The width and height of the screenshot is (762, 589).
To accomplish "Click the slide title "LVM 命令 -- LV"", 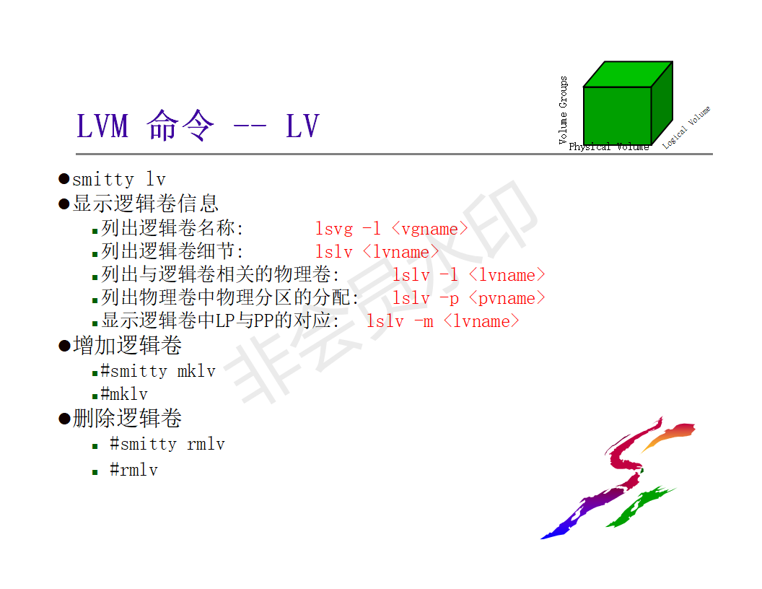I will tap(198, 126).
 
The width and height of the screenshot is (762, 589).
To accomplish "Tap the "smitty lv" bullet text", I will tap(118, 179).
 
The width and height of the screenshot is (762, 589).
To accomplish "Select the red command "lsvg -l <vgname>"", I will tap(391, 229).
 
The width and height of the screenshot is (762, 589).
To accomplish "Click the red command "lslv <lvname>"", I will tap(377, 252).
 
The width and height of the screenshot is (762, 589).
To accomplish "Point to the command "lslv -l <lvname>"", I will tap(468, 275).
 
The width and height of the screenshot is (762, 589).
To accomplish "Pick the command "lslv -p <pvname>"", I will tap(468, 298).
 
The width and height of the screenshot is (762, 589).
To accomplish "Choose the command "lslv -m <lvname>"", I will tap(442, 321).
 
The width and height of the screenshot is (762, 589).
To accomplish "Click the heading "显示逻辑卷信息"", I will tap(145, 204).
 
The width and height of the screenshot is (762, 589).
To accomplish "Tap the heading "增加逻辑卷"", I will tap(127, 346).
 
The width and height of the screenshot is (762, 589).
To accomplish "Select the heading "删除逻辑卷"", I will tap(127, 418).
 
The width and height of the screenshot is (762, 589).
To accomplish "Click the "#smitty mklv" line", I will tap(158, 371).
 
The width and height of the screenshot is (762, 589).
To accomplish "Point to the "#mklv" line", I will tap(124, 394).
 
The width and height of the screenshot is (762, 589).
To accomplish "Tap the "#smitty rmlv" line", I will tap(167, 444).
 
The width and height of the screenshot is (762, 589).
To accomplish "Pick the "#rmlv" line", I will tap(133, 470).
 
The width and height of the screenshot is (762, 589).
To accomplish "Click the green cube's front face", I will tap(617, 115).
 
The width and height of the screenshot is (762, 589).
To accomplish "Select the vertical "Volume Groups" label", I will tap(564, 110).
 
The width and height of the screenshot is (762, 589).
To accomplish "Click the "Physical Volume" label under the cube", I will tap(608, 147).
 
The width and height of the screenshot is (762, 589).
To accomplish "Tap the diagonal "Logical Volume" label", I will tap(687, 127).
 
